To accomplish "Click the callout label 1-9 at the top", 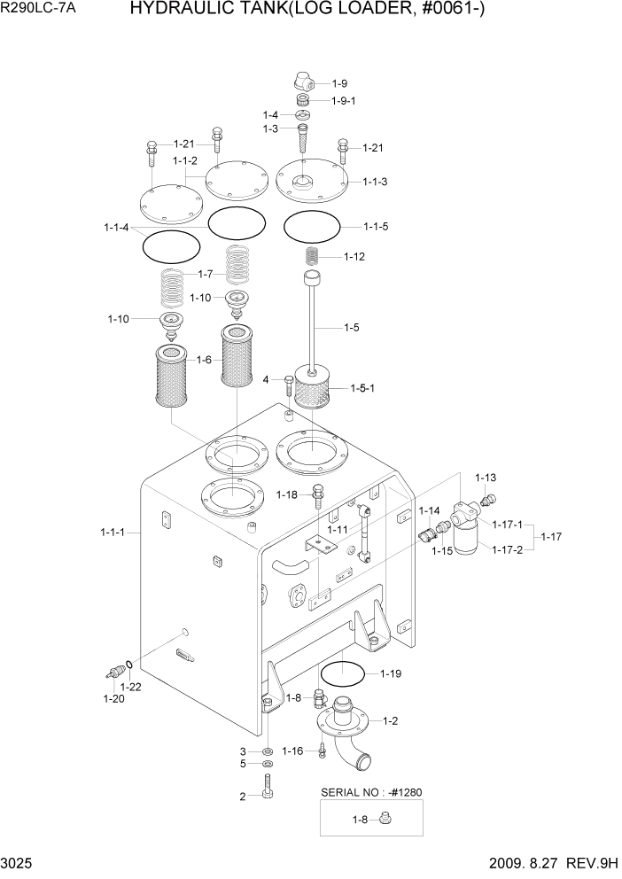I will pos(340,83).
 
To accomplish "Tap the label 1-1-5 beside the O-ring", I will pos(376,226).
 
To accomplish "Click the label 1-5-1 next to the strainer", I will pos(362,388).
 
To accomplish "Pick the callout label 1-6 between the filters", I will pos(204,360).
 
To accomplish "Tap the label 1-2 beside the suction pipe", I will pos(389,721).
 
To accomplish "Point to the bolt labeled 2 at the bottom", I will pos(268,786).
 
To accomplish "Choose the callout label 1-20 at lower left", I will pos(113,699).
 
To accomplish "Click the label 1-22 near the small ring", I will pos(130,687).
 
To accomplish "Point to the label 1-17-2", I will pos(507,549).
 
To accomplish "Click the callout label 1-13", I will pos(486,478).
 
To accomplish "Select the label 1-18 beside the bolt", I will pos(288,494).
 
